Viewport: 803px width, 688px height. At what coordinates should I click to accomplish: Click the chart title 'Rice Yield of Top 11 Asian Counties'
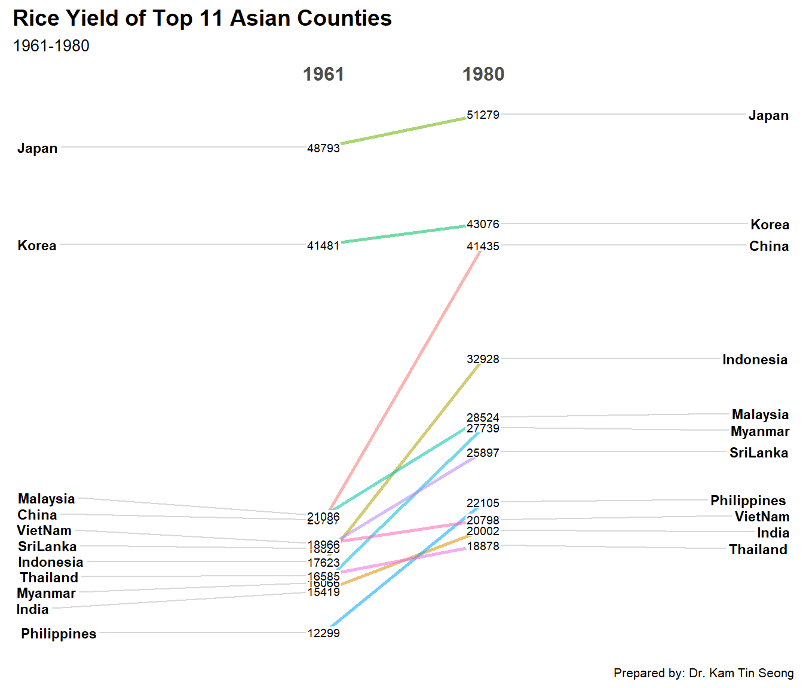coord(202,19)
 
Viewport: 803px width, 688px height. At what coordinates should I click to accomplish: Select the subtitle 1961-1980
coord(51,46)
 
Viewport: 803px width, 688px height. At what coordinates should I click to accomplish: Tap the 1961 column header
coord(323,74)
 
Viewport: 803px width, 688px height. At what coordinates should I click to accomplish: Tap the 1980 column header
coord(483,74)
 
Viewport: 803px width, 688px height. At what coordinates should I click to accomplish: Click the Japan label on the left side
coord(38,148)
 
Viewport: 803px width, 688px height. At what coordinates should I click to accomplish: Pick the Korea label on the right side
coord(770,225)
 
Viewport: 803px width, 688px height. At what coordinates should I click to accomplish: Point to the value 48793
coord(323,148)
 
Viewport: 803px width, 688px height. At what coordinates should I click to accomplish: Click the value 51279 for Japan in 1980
coord(483,115)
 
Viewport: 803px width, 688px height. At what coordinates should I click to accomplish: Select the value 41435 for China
coord(483,246)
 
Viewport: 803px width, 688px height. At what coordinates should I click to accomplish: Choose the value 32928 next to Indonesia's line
coord(483,359)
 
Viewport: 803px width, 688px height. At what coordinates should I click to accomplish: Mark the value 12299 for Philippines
coord(323,633)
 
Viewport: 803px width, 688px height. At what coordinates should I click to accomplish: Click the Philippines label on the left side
coord(59,634)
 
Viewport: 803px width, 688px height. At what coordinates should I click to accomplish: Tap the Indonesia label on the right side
coord(755,360)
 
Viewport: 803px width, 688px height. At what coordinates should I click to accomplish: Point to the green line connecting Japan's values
coord(403,131)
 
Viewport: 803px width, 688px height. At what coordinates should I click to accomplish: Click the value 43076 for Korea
coord(483,224)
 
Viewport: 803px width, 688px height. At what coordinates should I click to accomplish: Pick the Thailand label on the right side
coord(758,549)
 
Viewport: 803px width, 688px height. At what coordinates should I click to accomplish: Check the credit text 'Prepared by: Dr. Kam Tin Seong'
coord(703,673)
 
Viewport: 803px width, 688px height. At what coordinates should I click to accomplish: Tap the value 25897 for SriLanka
coord(483,453)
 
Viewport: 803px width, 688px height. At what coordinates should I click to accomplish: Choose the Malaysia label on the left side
coord(47,499)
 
